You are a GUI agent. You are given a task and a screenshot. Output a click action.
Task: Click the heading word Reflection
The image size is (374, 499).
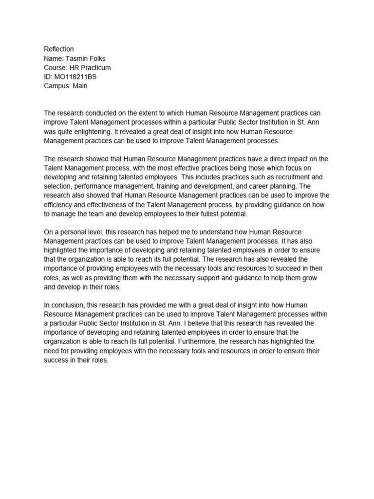coord(59,49)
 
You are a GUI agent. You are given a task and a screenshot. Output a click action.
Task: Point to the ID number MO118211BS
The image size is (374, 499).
coord(75,77)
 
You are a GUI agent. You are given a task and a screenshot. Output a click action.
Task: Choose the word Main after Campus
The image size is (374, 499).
coord(80,86)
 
